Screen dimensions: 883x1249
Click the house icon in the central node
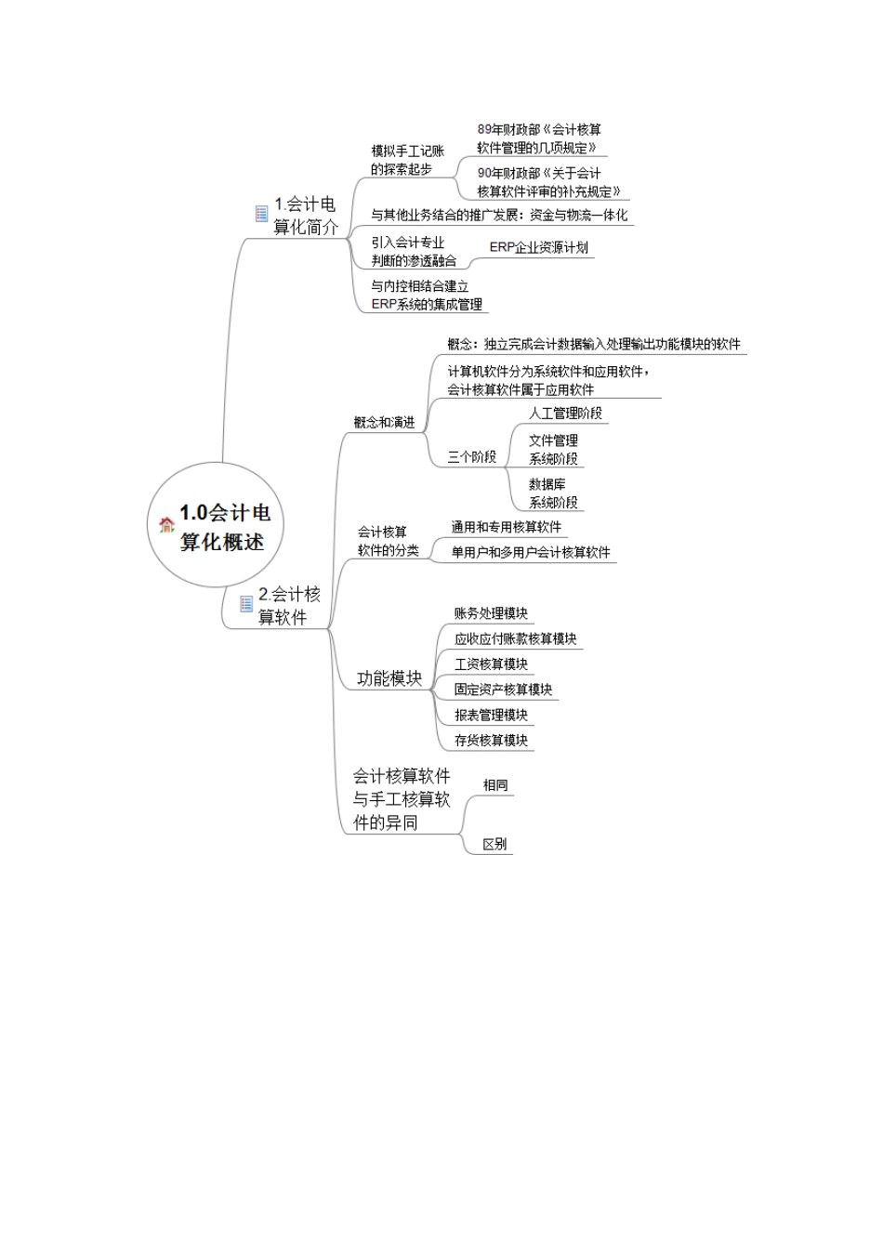point(167,525)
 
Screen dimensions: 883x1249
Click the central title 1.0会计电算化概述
point(224,527)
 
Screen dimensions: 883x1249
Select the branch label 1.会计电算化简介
point(305,216)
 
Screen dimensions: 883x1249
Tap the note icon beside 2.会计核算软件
point(246,604)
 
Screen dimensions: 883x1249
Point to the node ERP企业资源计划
point(538,247)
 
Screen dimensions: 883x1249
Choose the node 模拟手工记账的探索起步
point(407,160)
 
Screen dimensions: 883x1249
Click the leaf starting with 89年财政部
point(539,138)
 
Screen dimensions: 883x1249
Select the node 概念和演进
point(384,422)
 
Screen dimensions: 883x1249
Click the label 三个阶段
point(471,456)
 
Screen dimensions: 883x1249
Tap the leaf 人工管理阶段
point(565,413)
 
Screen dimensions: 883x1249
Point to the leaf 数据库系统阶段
point(553,493)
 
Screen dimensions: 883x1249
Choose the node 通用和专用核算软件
point(507,527)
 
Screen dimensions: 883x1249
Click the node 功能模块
point(389,678)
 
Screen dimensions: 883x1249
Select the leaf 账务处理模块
point(491,613)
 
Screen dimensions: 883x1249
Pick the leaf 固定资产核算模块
point(503,690)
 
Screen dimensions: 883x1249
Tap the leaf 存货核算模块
point(491,741)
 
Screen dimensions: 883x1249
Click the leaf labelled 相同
point(494,785)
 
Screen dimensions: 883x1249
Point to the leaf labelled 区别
point(494,845)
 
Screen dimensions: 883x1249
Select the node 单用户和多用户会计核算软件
point(531,552)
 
